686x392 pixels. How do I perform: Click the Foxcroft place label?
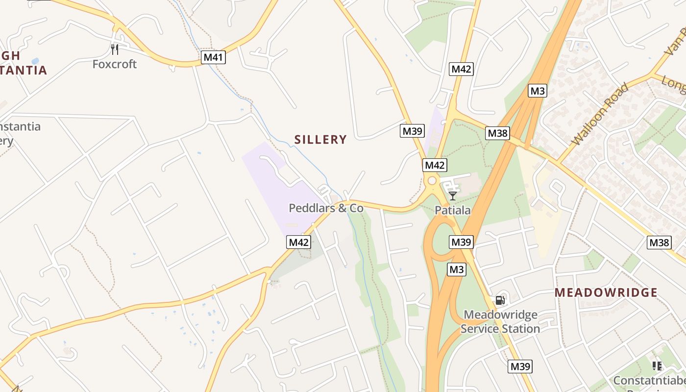tap(115, 64)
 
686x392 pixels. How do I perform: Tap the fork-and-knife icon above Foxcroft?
tap(115, 49)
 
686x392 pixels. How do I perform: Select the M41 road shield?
tap(213, 57)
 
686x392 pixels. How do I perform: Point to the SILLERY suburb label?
tap(320, 140)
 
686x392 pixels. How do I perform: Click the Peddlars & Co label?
tap(326, 208)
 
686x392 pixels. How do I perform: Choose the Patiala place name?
tap(453, 211)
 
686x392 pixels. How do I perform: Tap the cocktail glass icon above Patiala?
tap(453, 196)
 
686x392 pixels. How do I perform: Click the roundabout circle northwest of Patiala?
tap(432, 181)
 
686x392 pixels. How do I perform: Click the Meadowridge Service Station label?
tap(500, 321)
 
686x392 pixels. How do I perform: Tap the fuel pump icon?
tap(500, 300)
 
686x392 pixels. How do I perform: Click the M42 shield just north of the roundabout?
tap(435, 165)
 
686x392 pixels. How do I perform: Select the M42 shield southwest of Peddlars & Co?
tap(299, 242)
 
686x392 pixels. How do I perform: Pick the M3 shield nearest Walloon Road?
tap(537, 91)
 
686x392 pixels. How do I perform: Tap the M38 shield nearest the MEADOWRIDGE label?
tap(659, 243)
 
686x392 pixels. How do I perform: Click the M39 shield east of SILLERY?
tap(412, 131)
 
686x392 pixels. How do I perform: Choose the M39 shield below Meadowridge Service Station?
tap(520, 367)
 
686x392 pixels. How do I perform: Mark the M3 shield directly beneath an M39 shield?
tap(456, 269)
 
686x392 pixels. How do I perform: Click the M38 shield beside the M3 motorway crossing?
tap(497, 133)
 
